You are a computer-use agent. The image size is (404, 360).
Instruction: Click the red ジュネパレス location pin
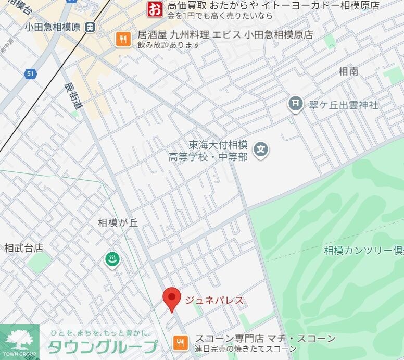(x=172, y=299)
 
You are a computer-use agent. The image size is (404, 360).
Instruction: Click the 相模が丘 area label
(x=118, y=222)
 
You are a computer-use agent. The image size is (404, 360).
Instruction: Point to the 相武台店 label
(x=23, y=248)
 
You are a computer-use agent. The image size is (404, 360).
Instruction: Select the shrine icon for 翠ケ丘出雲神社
(x=295, y=105)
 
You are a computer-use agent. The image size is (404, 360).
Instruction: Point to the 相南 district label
(x=348, y=71)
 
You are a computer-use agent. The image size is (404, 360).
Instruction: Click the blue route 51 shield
(x=31, y=74)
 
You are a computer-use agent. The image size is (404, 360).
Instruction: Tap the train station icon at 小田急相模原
(x=91, y=27)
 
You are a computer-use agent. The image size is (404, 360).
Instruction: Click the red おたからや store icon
(x=155, y=9)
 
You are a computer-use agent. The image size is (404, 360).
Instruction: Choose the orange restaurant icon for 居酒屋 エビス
(x=123, y=39)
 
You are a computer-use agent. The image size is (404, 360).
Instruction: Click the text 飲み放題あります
(x=169, y=45)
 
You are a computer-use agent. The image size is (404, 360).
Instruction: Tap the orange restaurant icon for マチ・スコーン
(x=180, y=343)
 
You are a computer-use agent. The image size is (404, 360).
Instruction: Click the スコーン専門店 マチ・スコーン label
(x=266, y=339)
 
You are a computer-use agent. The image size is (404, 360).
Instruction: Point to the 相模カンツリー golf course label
(x=363, y=251)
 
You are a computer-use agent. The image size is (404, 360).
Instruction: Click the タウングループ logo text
(x=103, y=346)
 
